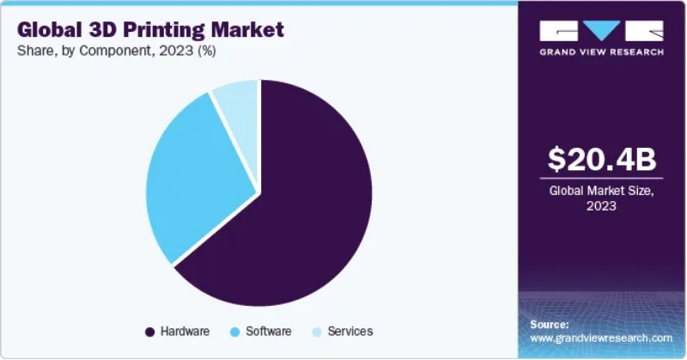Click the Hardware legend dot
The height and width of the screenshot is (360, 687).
[150, 332]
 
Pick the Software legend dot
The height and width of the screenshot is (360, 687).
[235, 332]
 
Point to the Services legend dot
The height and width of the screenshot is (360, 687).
[316, 332]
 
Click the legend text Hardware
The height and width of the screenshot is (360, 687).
[185, 332]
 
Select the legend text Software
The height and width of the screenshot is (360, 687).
[268, 332]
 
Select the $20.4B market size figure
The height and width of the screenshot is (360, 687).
[601, 159]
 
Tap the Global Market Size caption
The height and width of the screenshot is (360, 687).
[601, 192]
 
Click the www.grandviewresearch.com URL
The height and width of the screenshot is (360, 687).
[600, 339]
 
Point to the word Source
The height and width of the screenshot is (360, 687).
[550, 325]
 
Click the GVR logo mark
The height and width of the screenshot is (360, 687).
[601, 30]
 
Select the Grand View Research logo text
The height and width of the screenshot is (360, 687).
[601, 52]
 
